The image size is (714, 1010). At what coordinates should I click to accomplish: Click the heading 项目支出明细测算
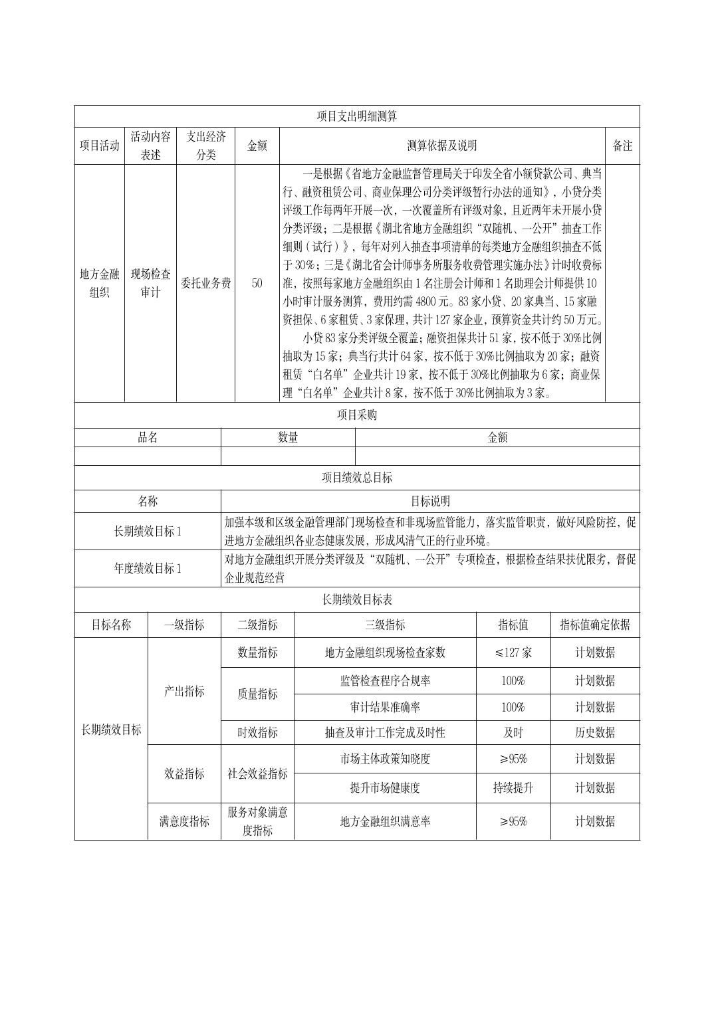coord(357,116)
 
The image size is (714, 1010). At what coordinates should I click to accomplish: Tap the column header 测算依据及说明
coord(442,146)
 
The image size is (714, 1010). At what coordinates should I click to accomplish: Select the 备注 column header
coord(622,146)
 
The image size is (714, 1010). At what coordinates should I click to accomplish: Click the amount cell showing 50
coord(257,283)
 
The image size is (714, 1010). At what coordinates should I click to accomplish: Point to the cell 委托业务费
coord(206,283)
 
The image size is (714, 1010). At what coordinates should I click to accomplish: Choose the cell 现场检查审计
coord(151,283)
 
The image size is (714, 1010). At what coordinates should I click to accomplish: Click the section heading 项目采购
coord(357,415)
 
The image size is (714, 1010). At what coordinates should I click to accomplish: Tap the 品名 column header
coord(148,437)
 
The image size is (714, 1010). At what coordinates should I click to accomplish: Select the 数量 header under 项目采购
coord(288,437)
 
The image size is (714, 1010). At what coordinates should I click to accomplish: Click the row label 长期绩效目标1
coord(148,531)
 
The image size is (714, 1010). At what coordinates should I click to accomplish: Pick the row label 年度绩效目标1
coord(148,568)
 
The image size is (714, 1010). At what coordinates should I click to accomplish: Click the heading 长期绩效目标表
coord(357,600)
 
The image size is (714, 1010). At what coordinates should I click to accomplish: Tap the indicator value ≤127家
coord(513,653)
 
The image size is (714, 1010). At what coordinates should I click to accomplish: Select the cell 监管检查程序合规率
coord(385,681)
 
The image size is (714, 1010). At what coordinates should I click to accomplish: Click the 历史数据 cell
coord(595,733)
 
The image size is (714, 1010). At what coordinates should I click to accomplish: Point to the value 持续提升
coord(513,788)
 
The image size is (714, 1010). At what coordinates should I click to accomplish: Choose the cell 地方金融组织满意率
coord(385,821)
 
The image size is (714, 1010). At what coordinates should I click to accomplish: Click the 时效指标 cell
coord(257,733)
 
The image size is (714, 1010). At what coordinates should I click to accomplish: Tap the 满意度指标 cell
coord(184,821)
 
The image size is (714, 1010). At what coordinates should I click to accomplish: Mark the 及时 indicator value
coord(513,733)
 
